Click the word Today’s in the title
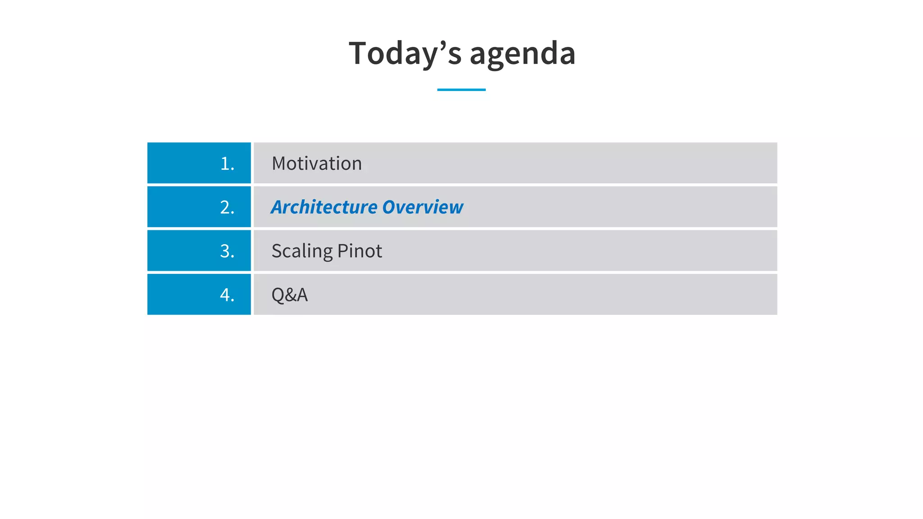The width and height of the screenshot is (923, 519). pyautogui.click(x=405, y=53)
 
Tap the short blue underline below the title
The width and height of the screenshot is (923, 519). pyautogui.click(x=461, y=90)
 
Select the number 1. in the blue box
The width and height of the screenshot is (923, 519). pyautogui.click(x=227, y=164)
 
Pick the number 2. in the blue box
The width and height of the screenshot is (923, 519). pyautogui.click(x=227, y=207)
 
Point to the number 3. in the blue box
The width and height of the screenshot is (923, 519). pyautogui.click(x=227, y=251)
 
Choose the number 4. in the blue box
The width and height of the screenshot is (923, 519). pyautogui.click(x=227, y=295)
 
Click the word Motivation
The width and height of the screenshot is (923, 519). pyautogui.click(x=316, y=164)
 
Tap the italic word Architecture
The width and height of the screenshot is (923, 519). pyautogui.click(x=324, y=207)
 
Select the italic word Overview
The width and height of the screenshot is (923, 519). pyautogui.click(x=423, y=207)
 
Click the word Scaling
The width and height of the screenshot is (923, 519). pyautogui.click(x=302, y=251)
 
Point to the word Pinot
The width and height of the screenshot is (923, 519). pyautogui.click(x=360, y=251)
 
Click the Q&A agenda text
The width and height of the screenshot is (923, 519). pyautogui.click(x=289, y=295)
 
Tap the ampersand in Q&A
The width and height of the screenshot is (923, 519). pyautogui.click(x=289, y=295)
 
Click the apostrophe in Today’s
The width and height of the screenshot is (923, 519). pyautogui.click(x=443, y=45)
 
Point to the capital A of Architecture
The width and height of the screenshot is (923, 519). pyautogui.click(x=279, y=207)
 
